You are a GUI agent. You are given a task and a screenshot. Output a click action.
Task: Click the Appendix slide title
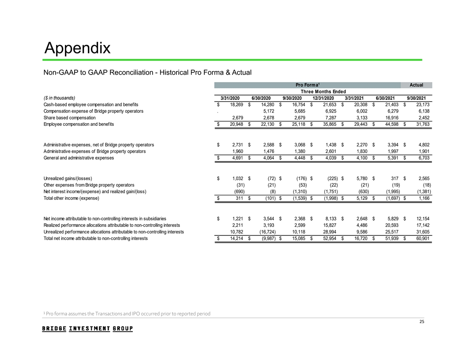point(78,48)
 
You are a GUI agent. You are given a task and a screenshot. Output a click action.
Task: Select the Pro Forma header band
point(307,85)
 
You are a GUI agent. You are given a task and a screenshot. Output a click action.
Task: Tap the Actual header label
point(416,85)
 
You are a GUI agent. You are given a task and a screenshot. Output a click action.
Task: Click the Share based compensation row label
point(70,118)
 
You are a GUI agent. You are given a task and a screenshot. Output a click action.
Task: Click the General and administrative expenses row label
point(79,157)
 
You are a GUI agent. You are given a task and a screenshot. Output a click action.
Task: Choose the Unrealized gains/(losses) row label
point(68,178)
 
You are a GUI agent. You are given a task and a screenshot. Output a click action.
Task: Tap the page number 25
point(421,322)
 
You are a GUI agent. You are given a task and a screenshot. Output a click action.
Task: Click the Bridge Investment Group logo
point(87,329)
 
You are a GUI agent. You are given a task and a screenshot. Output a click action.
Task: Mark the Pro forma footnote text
point(127,314)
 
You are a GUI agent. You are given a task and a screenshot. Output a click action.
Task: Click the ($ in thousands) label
point(60,97)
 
